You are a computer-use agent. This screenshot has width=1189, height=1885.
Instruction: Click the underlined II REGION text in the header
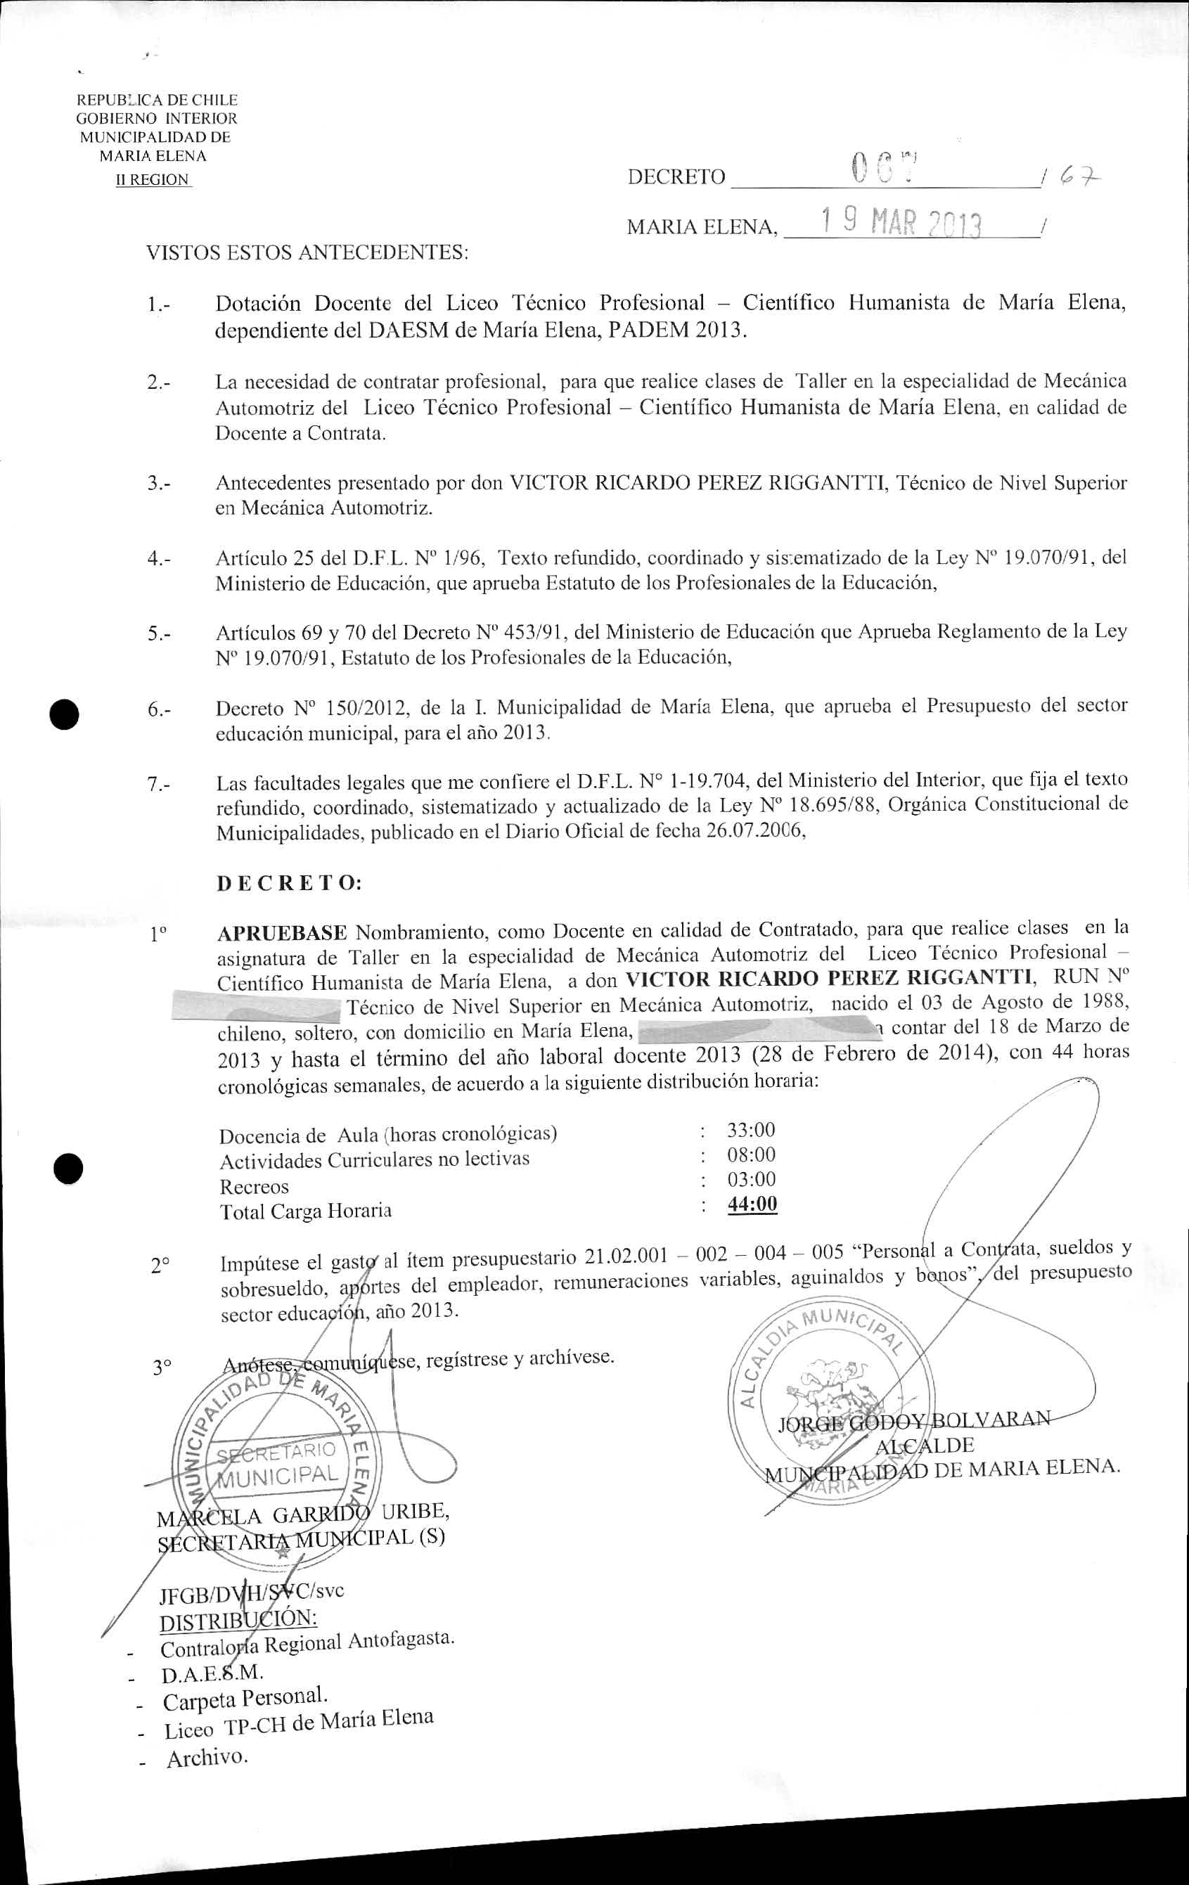[153, 179]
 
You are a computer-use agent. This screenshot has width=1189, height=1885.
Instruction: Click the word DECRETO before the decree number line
[676, 177]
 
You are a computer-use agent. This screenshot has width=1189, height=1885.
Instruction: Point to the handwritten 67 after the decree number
[1080, 180]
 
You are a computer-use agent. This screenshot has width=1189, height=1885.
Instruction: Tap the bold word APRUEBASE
[282, 932]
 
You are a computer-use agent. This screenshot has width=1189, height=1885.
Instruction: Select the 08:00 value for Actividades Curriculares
[752, 1154]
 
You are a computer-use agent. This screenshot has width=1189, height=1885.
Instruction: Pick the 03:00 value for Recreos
[752, 1179]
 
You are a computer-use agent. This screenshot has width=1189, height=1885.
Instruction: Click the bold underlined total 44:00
[752, 1204]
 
